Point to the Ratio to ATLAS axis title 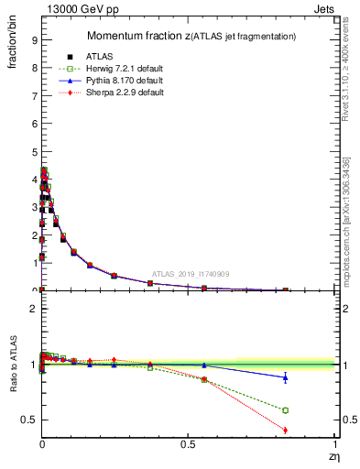(x=12, y=365)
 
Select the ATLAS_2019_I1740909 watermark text (x=191, y=274)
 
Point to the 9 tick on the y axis (x=33, y=40)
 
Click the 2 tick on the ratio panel (x=33, y=310)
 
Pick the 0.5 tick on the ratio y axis (x=29, y=420)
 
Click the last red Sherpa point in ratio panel (x=285, y=430)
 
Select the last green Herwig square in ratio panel (x=285, y=410)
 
